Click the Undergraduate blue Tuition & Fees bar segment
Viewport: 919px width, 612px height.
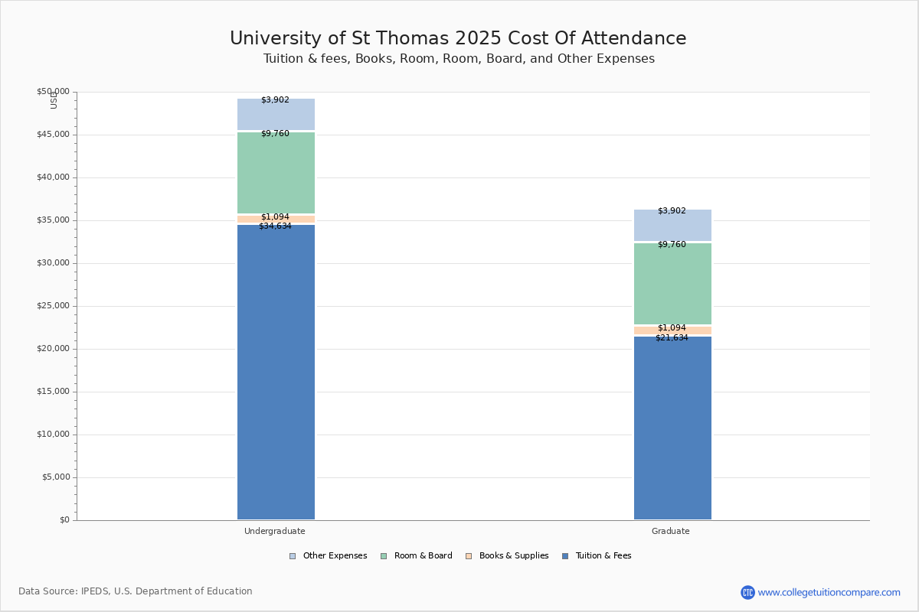coord(276,375)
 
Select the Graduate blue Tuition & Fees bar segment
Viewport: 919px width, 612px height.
coord(672,428)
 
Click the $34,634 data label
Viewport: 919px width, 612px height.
coord(275,226)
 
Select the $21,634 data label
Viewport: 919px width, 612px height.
coord(672,338)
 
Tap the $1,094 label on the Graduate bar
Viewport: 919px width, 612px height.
coord(672,328)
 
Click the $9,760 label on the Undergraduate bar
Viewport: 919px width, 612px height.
coord(275,134)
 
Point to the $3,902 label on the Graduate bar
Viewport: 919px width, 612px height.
coord(672,211)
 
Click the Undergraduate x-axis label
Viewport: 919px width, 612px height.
coord(275,531)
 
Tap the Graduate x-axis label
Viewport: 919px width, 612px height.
coord(671,531)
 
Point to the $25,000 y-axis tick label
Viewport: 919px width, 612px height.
coord(54,306)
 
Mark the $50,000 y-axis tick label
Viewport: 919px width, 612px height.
coord(54,92)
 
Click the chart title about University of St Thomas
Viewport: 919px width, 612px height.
coord(458,39)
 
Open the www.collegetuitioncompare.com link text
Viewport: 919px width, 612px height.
coord(829,592)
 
